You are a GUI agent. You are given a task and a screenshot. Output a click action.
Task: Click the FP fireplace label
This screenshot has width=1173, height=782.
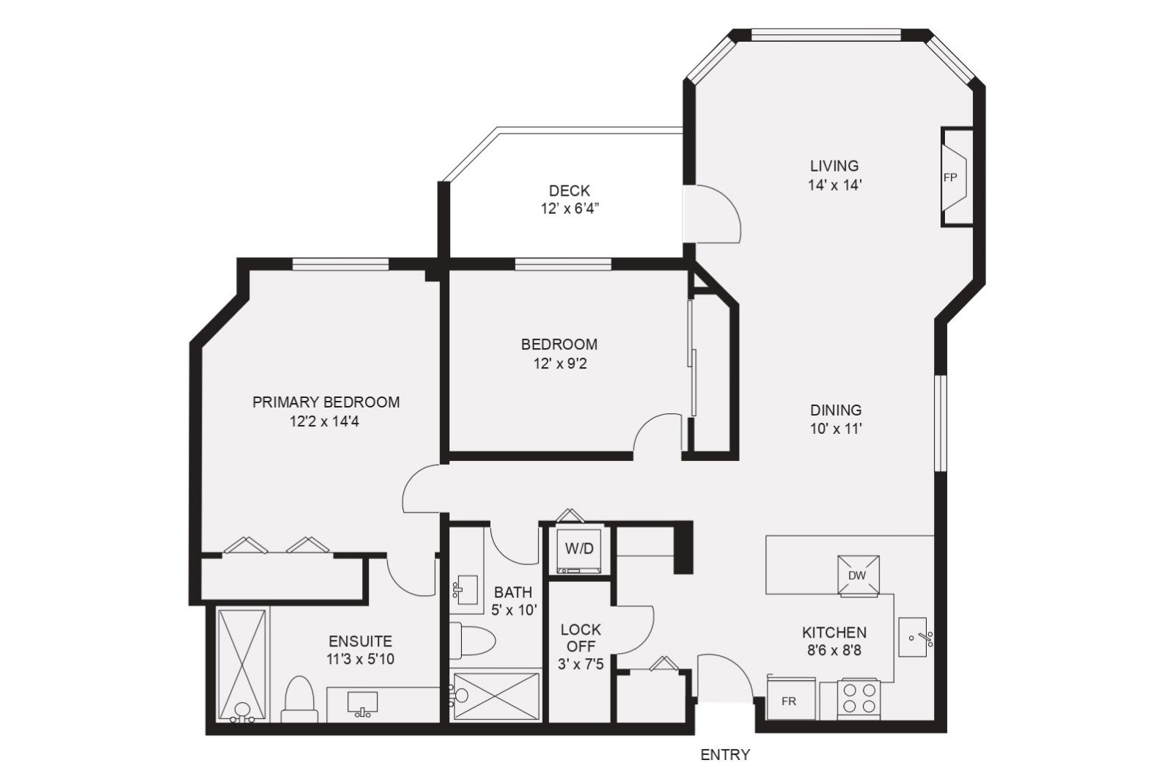tap(950, 177)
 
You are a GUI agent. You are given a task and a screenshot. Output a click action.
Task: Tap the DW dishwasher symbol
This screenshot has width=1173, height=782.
tap(858, 576)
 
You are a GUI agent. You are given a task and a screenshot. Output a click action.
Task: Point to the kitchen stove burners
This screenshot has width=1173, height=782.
tap(858, 698)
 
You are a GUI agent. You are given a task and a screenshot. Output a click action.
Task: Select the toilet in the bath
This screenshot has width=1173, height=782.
tap(472, 640)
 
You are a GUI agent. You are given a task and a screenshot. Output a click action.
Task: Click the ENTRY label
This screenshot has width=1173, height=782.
tap(725, 754)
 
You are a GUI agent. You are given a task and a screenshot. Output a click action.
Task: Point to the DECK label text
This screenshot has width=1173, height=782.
tap(569, 191)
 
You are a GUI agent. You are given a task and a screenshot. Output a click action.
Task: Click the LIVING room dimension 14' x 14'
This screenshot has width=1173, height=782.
tap(835, 185)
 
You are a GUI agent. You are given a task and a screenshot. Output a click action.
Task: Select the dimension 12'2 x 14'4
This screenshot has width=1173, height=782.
tap(325, 421)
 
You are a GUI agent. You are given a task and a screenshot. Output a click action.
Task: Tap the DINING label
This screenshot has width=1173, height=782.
tap(836, 409)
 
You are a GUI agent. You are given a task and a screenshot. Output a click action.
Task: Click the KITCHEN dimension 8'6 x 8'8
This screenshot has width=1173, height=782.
tap(834, 651)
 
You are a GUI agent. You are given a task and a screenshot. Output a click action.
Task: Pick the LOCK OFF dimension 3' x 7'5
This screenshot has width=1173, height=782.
tap(581, 664)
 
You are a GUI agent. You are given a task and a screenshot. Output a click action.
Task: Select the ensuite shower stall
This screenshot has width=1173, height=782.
tap(241, 665)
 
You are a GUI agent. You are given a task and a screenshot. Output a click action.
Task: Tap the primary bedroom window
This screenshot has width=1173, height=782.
tap(340, 264)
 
